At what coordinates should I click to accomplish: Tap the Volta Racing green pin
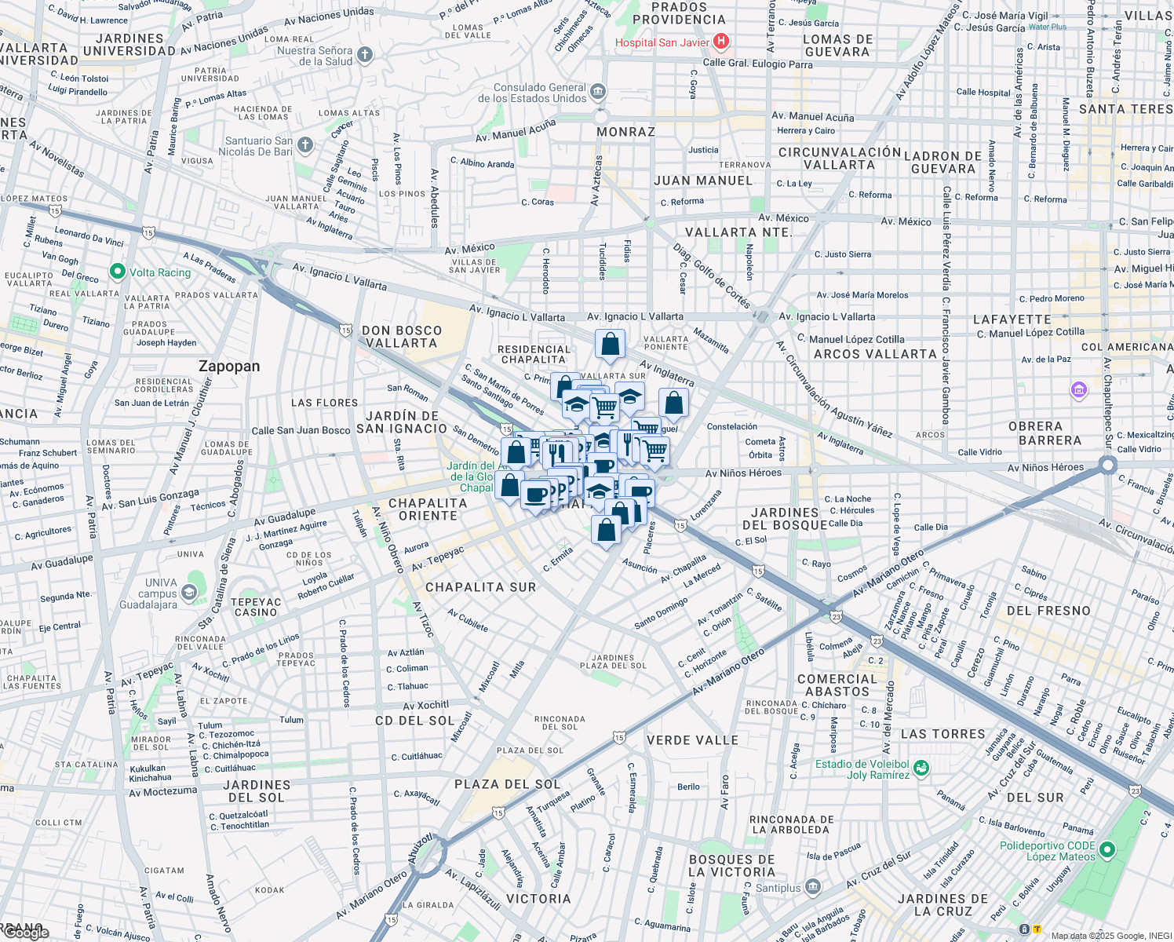[118, 272]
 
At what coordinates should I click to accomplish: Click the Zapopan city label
[229, 367]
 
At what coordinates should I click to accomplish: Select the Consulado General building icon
[598, 92]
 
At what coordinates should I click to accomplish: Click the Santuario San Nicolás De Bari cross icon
[305, 145]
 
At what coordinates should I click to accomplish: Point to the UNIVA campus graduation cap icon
[188, 593]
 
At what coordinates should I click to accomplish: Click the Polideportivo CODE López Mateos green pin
[1107, 849]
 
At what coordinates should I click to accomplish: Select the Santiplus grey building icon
[813, 887]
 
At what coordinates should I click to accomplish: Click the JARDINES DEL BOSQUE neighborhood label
[785, 518]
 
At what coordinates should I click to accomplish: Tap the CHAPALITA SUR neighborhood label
[480, 587]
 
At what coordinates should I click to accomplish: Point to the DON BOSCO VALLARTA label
[402, 337]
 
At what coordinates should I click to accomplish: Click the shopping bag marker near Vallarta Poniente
[610, 344]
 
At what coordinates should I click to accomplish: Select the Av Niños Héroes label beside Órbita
[743, 473]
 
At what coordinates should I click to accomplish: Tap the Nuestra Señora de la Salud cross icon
[364, 55]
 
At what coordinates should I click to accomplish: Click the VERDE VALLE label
[692, 740]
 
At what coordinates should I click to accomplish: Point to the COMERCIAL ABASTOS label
[837, 685]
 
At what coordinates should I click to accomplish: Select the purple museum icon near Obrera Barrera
[1078, 389]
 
